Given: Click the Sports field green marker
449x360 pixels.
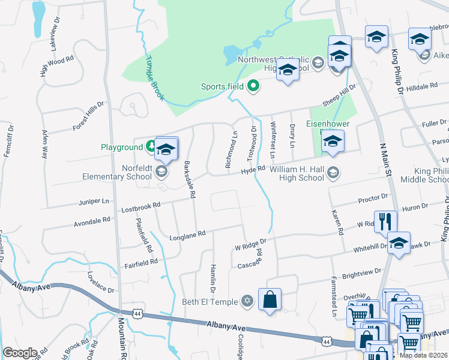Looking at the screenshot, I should tap(253, 86).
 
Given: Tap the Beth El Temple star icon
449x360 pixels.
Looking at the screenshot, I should tap(247, 301).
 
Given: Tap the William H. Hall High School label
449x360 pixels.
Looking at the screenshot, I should tap(297, 173).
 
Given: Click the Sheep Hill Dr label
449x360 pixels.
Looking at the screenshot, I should tap(339, 94).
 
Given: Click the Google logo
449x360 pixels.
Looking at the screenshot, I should tap(20, 352).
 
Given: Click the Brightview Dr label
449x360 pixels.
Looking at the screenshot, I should tap(361, 274).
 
